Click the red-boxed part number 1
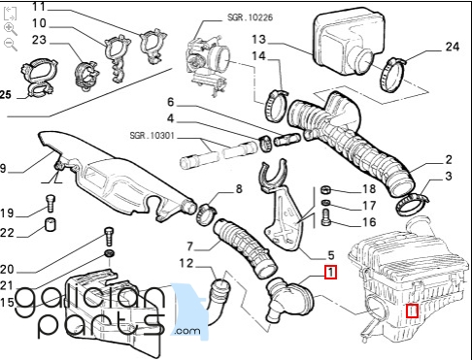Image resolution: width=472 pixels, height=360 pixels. (x=330, y=273)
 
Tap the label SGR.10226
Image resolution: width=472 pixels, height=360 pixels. (x=250, y=17)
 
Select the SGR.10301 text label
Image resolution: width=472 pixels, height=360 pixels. (x=152, y=135)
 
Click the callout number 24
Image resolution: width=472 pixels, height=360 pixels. (x=453, y=47)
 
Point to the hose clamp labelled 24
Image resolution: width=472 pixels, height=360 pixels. (x=392, y=75)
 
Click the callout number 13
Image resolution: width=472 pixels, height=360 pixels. (x=258, y=39)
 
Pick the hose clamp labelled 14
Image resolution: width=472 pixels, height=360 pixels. (x=276, y=106)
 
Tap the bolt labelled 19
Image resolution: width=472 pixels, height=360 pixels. (x=51, y=203)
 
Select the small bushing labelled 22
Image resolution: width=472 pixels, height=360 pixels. (x=51, y=224)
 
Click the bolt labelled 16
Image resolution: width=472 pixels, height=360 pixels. (x=326, y=217)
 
